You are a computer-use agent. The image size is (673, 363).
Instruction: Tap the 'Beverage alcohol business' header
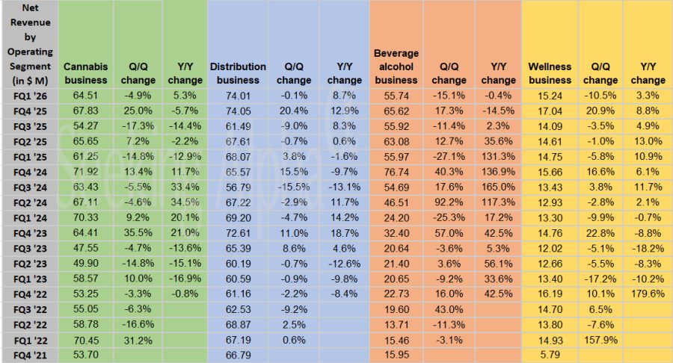pyautogui.click(x=396, y=66)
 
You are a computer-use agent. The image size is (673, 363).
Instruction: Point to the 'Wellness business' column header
pyautogui.click(x=550, y=73)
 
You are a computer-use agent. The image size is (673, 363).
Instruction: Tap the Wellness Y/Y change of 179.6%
pyautogui.click(x=647, y=294)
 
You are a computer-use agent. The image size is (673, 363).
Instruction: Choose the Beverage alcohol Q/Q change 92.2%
pyautogui.click(x=449, y=202)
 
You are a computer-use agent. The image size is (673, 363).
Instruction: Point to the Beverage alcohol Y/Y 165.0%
pyautogui.click(x=498, y=187)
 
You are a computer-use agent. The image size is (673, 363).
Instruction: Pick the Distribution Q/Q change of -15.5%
pyautogui.click(x=293, y=187)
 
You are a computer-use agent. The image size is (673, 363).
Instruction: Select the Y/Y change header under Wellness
pyautogui.click(x=647, y=73)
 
